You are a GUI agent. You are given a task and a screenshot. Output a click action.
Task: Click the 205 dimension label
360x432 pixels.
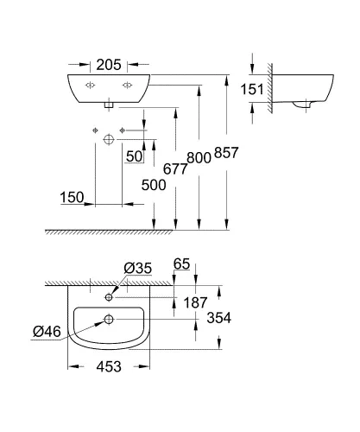click(x=109, y=65)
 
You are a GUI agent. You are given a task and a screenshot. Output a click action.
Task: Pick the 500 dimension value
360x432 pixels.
click(x=152, y=186)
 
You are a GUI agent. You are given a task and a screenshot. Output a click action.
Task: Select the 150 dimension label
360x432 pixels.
click(x=73, y=197)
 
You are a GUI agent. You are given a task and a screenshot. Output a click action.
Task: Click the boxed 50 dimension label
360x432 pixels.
click(x=134, y=156)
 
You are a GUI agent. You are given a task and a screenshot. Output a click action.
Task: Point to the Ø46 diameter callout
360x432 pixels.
click(x=46, y=329)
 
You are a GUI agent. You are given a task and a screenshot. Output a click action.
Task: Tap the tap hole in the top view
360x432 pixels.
click(x=109, y=297)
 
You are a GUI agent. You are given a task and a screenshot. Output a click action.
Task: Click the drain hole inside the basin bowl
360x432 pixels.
click(x=109, y=320)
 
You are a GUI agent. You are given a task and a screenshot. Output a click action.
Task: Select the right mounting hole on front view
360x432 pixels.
click(x=127, y=85)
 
